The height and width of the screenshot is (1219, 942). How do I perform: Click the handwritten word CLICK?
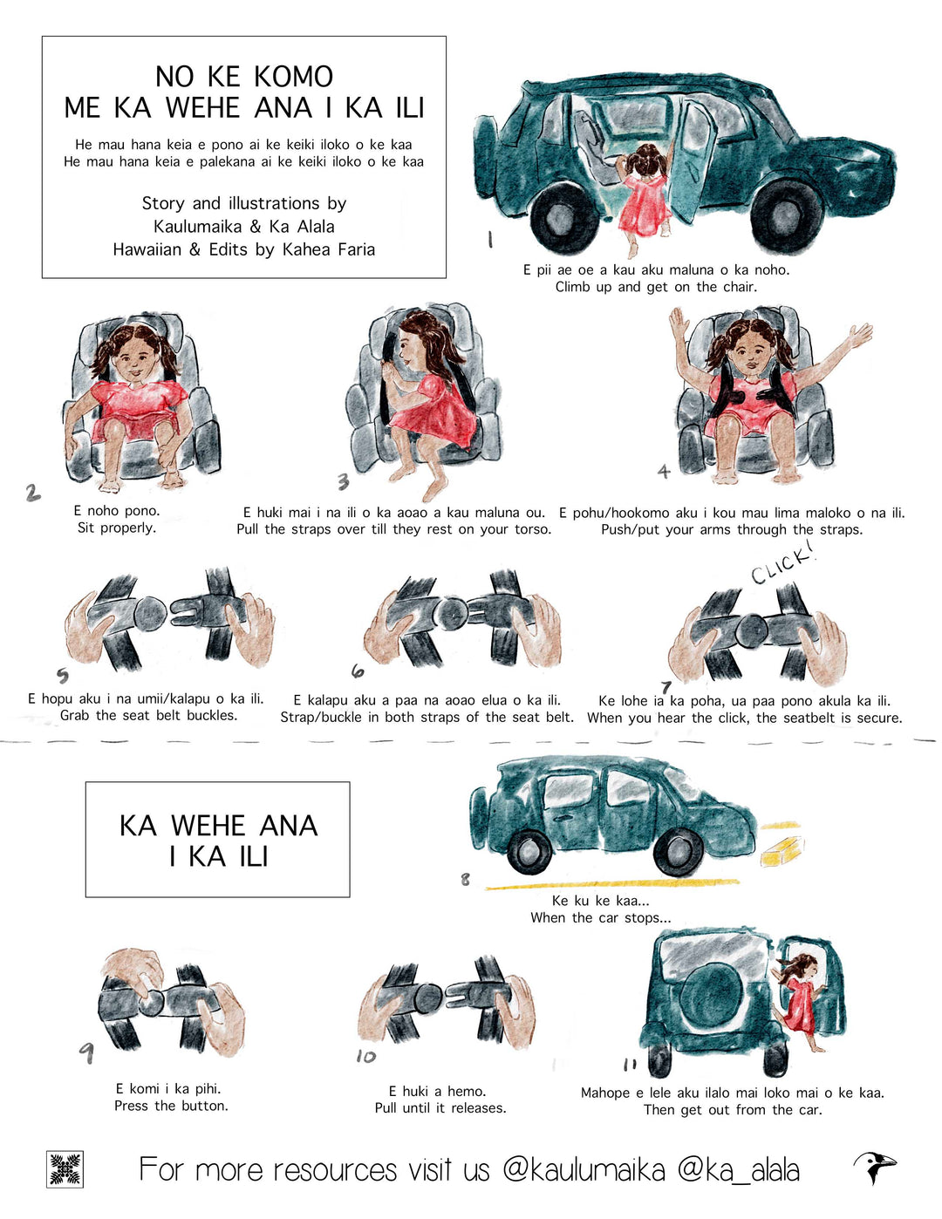(x=782, y=568)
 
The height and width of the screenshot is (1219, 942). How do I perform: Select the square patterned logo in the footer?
(x=65, y=1168)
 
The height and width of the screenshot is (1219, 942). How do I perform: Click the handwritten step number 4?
(x=664, y=471)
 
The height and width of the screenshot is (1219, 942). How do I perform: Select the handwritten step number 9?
(x=86, y=1052)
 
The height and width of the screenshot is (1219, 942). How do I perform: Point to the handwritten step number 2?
(x=32, y=493)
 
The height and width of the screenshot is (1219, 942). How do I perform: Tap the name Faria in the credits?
(x=352, y=249)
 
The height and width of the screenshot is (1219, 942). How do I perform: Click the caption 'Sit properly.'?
(x=117, y=528)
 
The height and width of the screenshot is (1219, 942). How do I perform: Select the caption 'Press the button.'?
(x=171, y=1106)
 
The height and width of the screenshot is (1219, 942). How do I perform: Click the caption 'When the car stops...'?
(x=600, y=918)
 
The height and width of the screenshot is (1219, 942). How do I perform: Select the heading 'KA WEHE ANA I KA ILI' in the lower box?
(x=218, y=841)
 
